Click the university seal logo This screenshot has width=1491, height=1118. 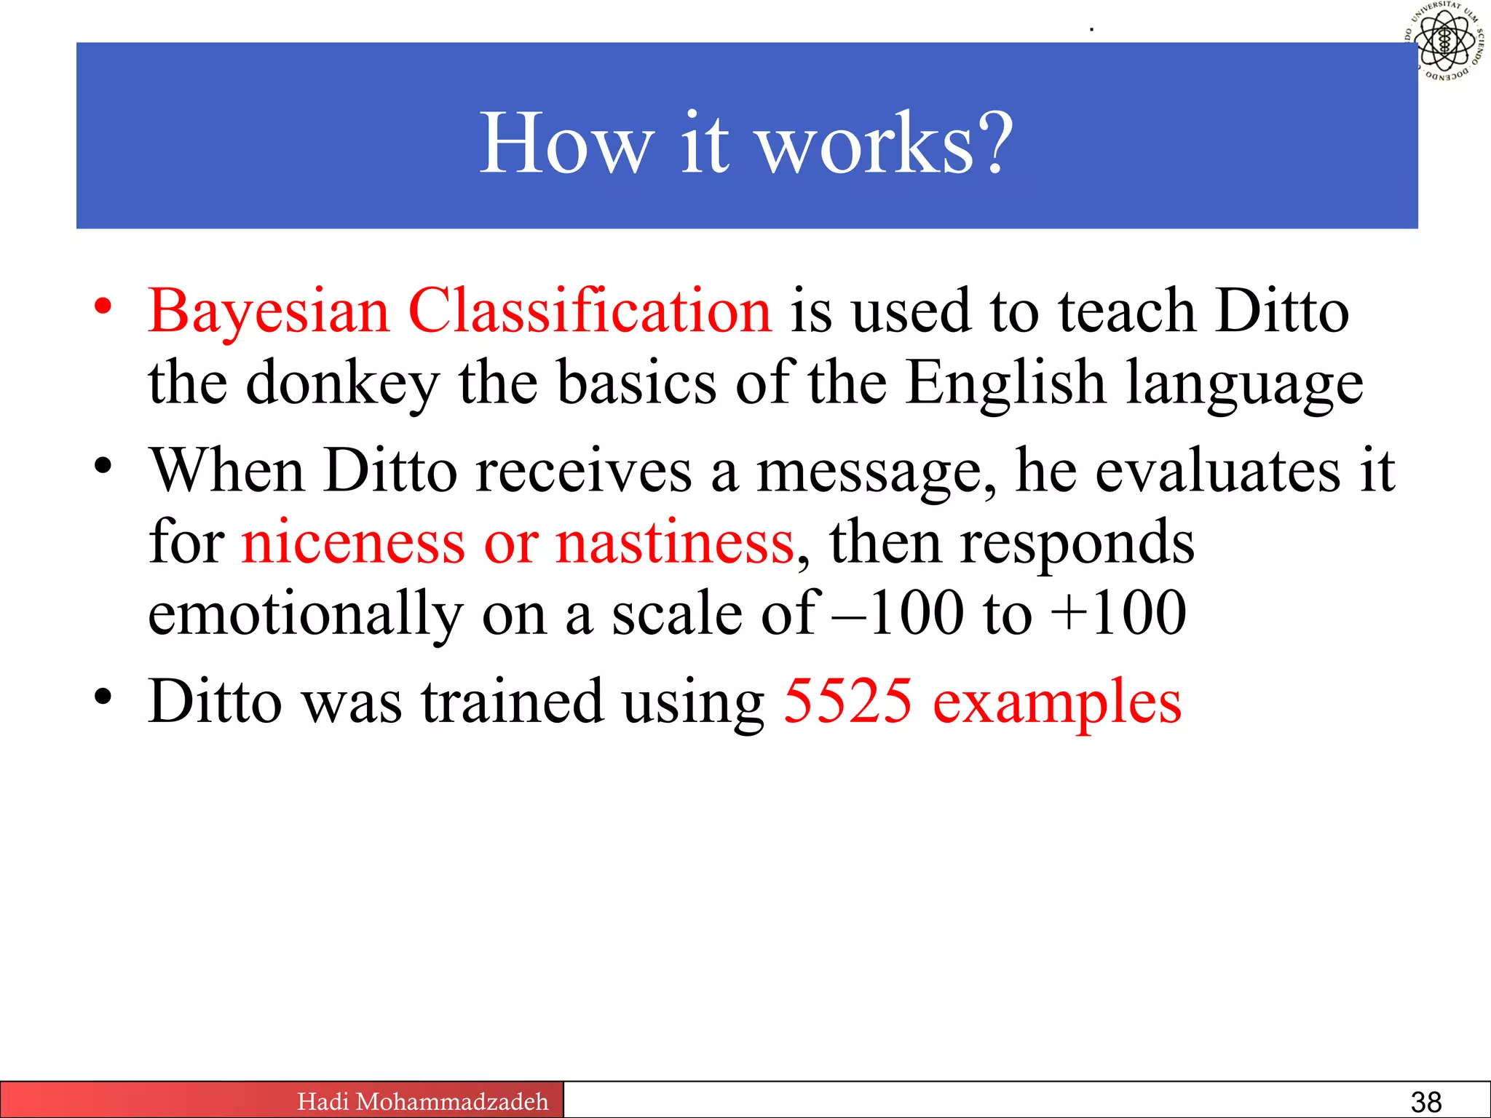1444,41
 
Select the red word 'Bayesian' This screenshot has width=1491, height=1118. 269,312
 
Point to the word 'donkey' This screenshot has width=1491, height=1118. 342,384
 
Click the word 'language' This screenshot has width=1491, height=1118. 1245,385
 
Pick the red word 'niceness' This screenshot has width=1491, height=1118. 353,542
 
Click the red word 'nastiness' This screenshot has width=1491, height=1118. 674,542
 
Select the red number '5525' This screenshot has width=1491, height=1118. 847,701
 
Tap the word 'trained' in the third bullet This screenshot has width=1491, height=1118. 513,701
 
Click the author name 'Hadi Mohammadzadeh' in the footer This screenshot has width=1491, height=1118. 422,1101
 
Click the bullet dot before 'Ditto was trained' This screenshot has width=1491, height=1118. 103,697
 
